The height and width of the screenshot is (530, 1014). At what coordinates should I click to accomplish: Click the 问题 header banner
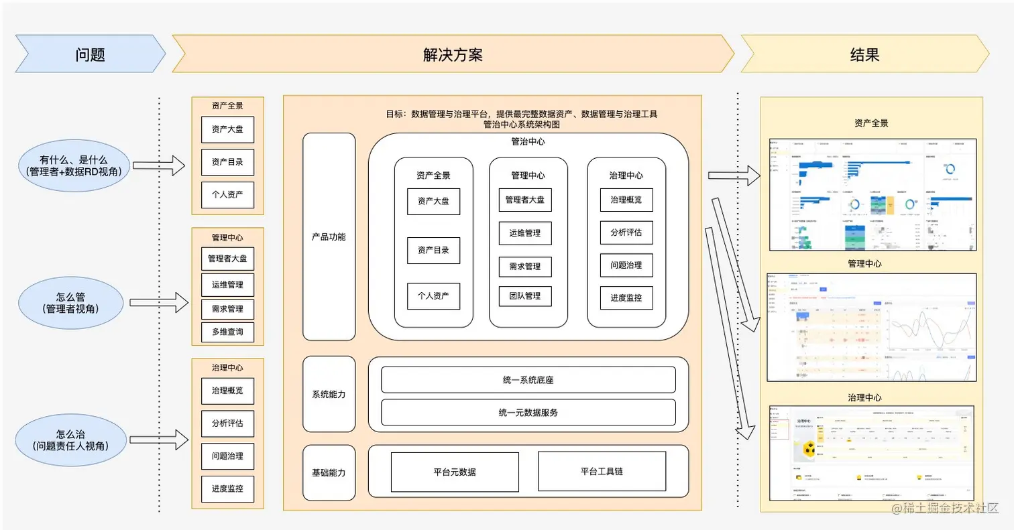click(x=90, y=54)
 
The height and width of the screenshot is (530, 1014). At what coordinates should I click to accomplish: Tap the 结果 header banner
click(x=864, y=54)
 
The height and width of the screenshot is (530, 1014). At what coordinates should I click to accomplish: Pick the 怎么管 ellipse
click(x=72, y=303)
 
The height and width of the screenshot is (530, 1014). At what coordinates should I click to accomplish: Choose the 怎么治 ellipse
click(x=72, y=440)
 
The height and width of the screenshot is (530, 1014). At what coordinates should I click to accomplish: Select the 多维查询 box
click(x=228, y=332)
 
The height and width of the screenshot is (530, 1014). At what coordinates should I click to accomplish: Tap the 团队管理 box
click(x=525, y=295)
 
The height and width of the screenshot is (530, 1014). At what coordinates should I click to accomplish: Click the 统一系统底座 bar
click(x=528, y=380)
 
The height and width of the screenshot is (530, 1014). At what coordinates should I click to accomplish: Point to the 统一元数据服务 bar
click(x=528, y=412)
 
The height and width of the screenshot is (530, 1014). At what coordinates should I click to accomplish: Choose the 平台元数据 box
click(x=455, y=472)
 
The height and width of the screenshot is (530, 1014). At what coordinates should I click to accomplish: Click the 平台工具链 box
click(x=602, y=471)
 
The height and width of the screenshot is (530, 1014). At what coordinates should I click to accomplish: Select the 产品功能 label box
click(x=329, y=237)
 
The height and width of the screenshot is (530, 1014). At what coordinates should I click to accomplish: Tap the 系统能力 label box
click(x=329, y=394)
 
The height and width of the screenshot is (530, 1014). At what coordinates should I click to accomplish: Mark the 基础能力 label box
click(x=329, y=472)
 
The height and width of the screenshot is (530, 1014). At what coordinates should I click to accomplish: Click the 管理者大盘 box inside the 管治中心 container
click(x=525, y=200)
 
